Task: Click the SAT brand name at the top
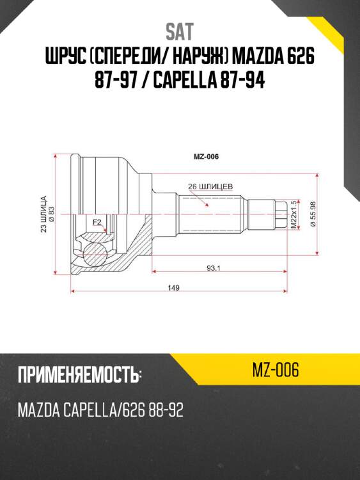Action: coord(179,31)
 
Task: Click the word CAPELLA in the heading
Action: coord(192,83)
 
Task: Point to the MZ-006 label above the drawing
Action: coord(206,156)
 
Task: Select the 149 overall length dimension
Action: coord(173,288)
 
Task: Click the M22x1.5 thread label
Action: coord(294,215)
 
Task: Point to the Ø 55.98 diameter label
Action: coord(313,215)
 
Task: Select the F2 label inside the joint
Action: coord(97,222)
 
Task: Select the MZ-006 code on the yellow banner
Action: coord(276,369)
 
